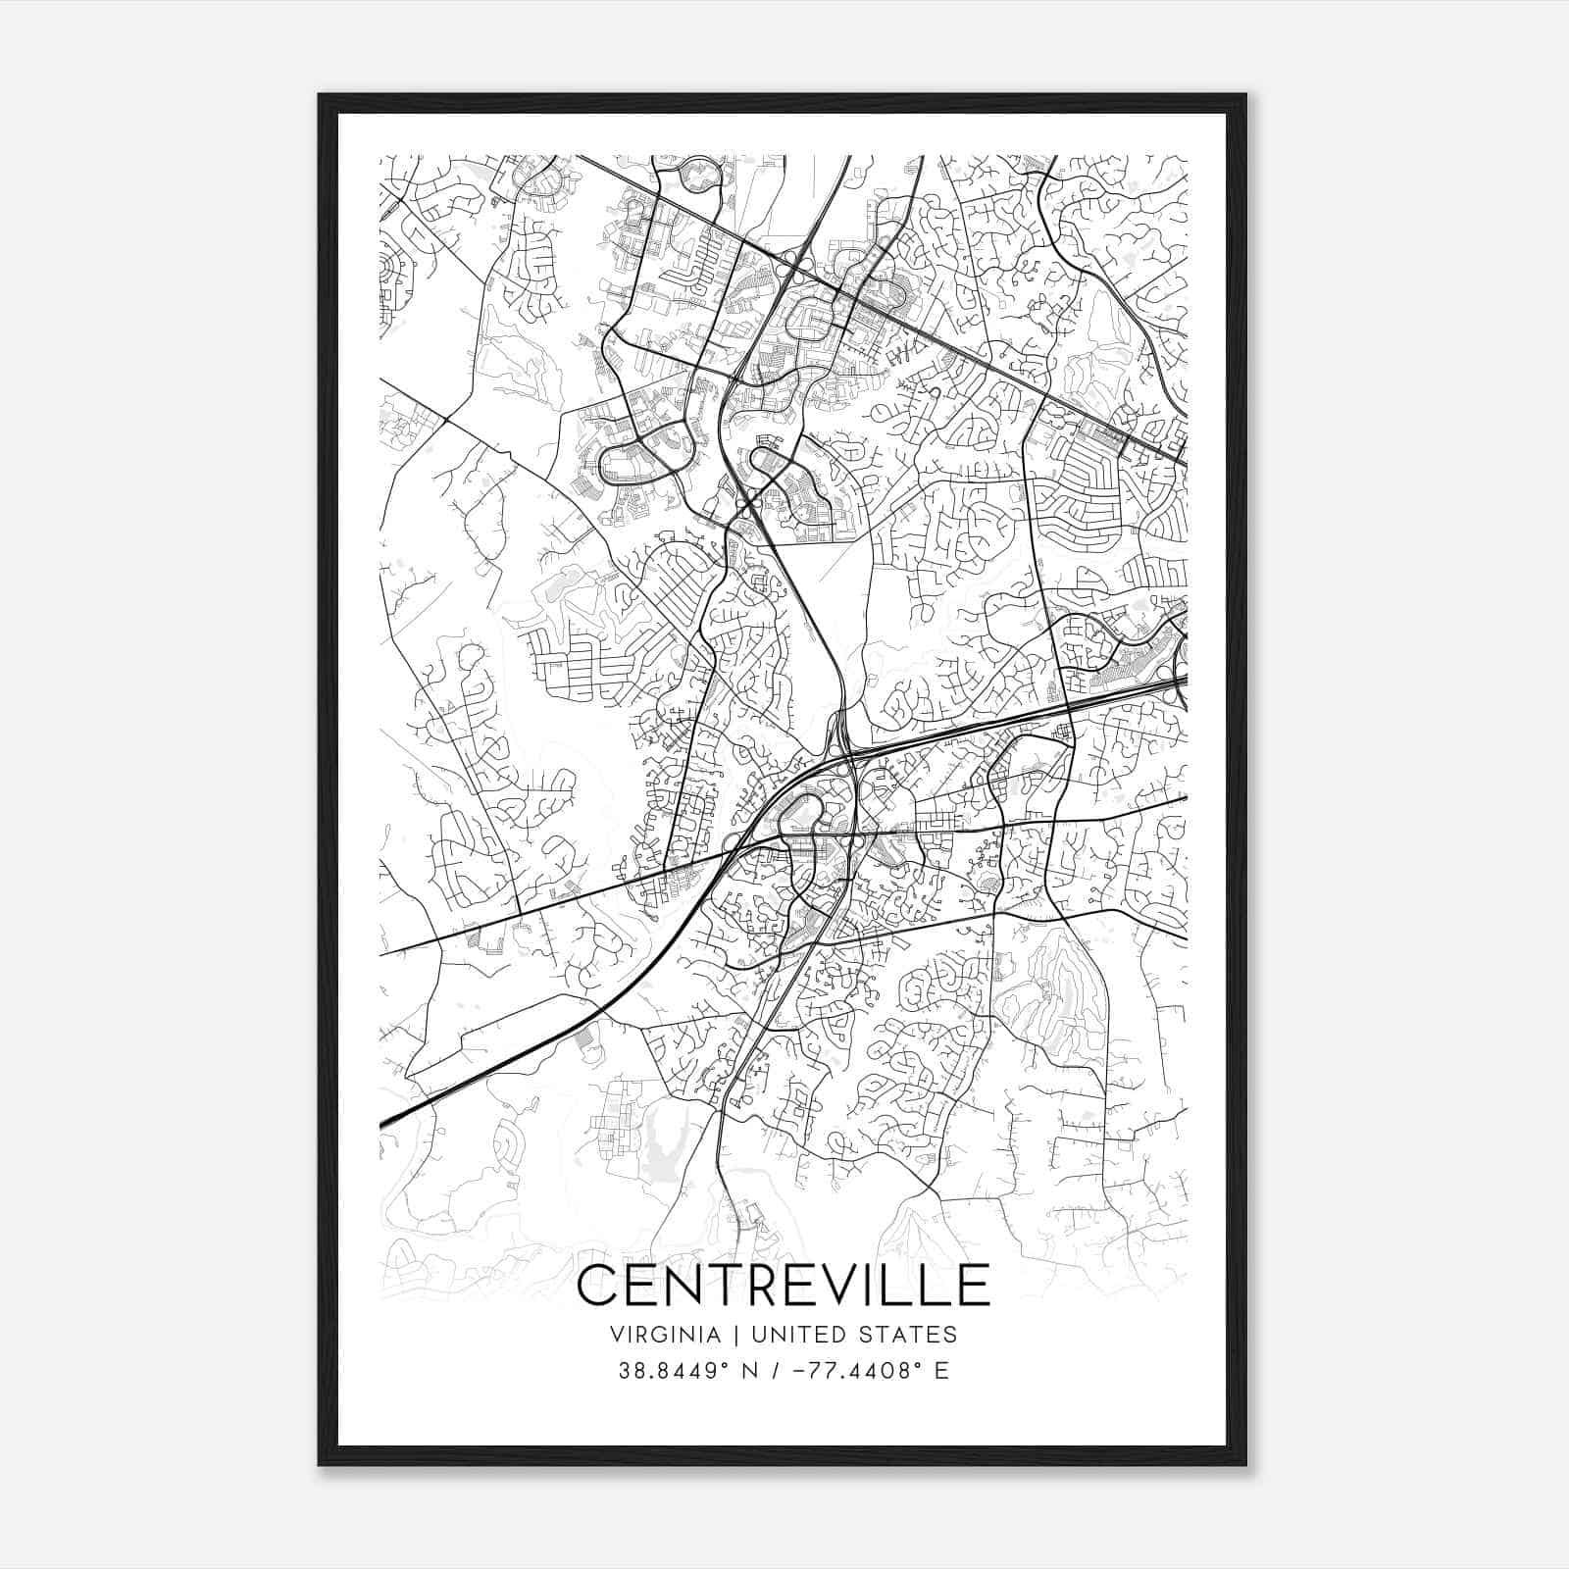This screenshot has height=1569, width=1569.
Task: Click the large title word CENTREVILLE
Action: [x=784, y=1286]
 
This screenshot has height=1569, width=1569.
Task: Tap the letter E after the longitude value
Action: [x=941, y=1371]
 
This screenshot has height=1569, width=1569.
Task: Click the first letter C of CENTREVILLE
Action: [x=598, y=1286]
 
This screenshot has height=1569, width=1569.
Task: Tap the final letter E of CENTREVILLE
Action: [x=975, y=1286]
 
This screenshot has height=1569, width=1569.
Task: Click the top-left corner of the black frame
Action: [x=321, y=96]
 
